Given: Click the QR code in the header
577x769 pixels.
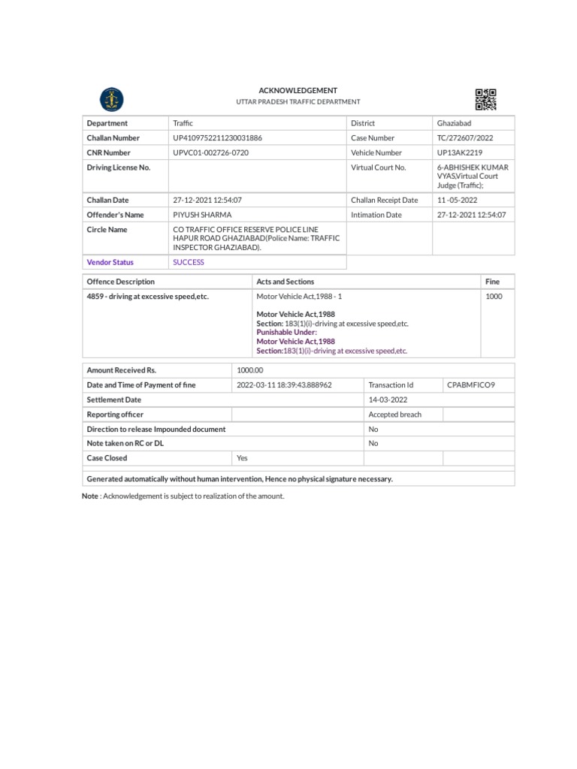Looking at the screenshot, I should click(x=486, y=99).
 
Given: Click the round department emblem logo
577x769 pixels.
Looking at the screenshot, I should click(x=113, y=99).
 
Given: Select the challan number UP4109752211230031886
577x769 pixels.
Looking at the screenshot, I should click(x=218, y=138).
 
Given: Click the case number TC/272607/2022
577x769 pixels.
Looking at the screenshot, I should click(x=465, y=138).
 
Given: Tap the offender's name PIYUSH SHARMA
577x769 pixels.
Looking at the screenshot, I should click(x=203, y=215).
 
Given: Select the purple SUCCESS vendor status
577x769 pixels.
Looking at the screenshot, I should click(x=189, y=262).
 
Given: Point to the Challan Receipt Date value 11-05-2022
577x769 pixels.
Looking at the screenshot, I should click(x=458, y=201).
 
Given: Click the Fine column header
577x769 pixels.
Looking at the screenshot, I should click(x=492, y=282).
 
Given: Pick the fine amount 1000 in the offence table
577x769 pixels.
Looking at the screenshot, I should click(x=494, y=297).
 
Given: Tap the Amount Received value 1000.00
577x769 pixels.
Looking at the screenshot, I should click(x=250, y=370).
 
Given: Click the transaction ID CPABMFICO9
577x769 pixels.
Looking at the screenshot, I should click(x=471, y=384).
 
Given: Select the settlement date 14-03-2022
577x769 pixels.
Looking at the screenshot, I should click(x=388, y=400).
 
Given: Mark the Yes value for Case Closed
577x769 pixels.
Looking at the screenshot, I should click(x=242, y=458).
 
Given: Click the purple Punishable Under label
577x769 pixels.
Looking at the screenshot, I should click(x=287, y=332).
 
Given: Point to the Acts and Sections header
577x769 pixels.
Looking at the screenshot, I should click(x=285, y=282).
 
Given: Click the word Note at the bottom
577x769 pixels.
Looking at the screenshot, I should click(x=89, y=496).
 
